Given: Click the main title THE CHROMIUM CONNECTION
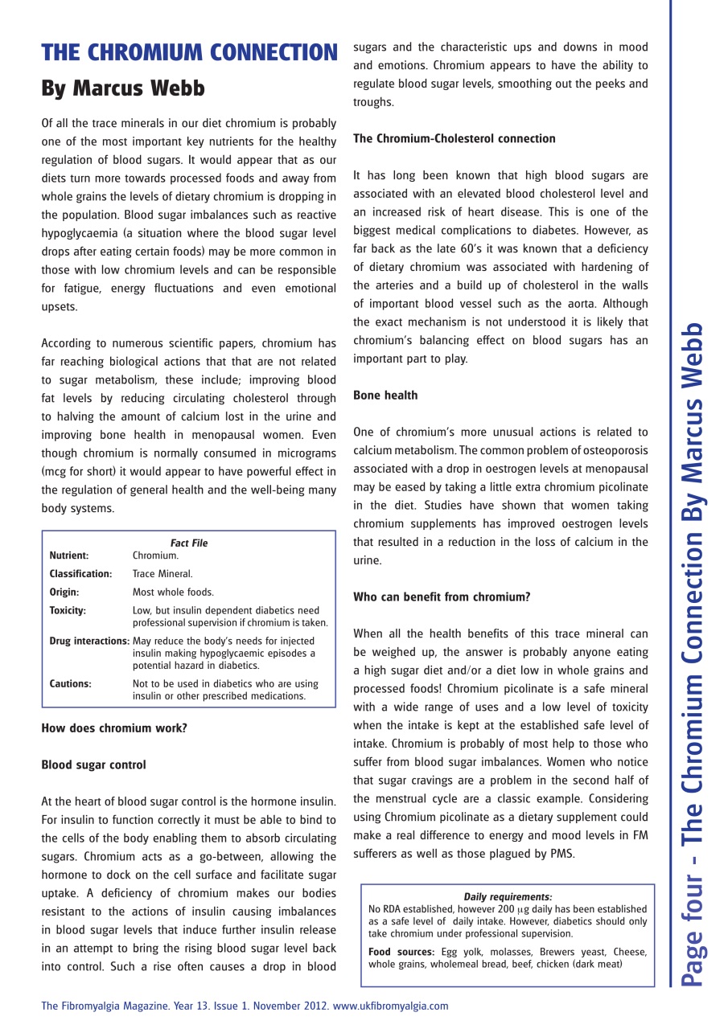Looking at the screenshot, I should pos(189,53).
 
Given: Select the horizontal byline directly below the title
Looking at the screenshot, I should pos(123,88).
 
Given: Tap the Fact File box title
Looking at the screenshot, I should pos(189,543).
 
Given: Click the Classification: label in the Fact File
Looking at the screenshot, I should pos(80,574).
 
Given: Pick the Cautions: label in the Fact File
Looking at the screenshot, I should pos(70,683).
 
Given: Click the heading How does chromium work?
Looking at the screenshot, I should pos(114,728).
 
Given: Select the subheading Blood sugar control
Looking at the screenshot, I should pos(93,765).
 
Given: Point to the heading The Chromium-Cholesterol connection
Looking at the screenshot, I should pos(454,138).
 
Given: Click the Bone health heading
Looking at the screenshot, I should pos(385,395).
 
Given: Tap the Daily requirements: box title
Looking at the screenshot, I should pos(508,896).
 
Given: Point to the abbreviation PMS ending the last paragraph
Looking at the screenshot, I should pos(561,854).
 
